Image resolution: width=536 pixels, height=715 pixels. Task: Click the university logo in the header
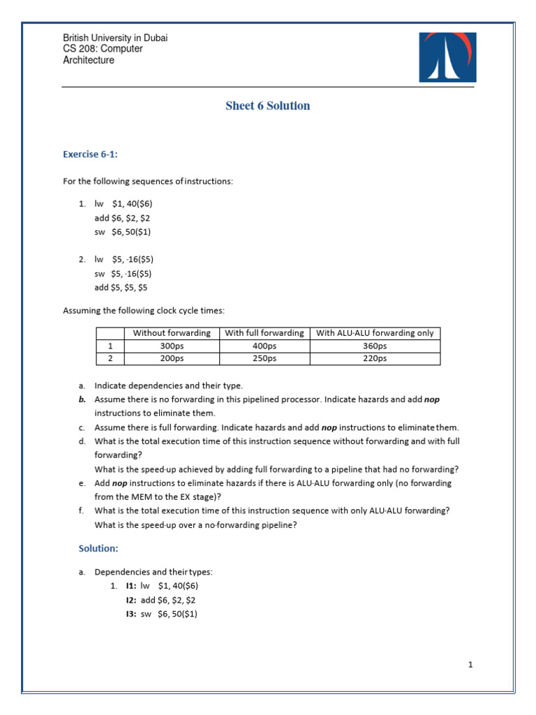click(x=447, y=57)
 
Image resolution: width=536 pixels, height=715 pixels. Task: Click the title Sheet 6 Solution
click(x=267, y=106)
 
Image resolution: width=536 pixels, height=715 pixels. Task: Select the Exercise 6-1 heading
click(x=90, y=154)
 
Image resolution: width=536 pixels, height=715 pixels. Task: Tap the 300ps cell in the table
click(x=172, y=346)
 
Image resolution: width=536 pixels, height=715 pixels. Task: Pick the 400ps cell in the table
click(x=265, y=346)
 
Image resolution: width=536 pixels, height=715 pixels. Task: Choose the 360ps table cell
click(x=375, y=346)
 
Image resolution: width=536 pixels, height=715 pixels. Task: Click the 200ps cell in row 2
click(x=172, y=358)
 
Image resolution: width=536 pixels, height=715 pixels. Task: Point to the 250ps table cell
click(x=265, y=358)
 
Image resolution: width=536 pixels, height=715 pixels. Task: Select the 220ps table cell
click(x=375, y=358)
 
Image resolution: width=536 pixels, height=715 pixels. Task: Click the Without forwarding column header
click(x=172, y=333)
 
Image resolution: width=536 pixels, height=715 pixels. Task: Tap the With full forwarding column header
click(x=265, y=333)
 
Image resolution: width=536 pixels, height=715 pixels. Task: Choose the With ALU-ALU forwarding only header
click(x=375, y=333)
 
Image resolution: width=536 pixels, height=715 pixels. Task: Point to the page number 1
click(x=471, y=665)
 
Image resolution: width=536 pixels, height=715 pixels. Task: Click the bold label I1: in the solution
click(x=131, y=586)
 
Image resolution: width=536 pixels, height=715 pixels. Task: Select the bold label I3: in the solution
click(x=131, y=614)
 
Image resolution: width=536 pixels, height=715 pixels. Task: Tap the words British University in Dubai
click(x=115, y=38)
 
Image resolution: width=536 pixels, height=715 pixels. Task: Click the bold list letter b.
click(x=81, y=399)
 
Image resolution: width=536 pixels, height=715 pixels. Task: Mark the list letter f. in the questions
click(x=81, y=510)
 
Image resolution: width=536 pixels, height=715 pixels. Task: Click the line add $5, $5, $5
click(x=121, y=287)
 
